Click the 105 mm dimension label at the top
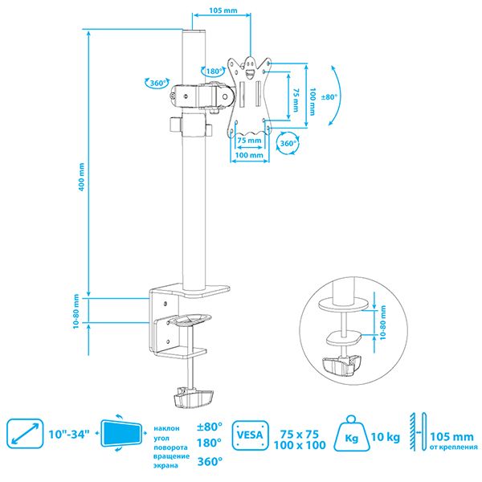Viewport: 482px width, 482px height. tap(223, 10)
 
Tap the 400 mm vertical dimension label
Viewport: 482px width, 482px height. tap(81, 177)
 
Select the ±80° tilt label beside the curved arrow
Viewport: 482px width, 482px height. tap(329, 97)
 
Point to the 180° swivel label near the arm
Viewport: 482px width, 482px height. tap(214, 71)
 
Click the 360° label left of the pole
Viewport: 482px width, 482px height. tap(159, 84)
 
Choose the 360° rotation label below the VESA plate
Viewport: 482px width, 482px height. tap(288, 143)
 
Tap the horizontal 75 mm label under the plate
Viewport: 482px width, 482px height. tap(249, 141)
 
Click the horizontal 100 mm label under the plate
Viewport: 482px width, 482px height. tap(249, 155)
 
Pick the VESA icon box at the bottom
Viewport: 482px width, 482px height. tap(250, 435)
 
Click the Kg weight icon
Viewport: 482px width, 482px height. tap(351, 434)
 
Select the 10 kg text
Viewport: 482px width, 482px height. tap(386, 437)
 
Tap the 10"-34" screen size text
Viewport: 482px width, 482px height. tap(69, 435)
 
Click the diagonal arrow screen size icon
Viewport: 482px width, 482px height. tap(25, 434)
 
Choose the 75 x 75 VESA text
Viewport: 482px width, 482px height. tap(300, 434)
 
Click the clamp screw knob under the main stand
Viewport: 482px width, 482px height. tap(194, 398)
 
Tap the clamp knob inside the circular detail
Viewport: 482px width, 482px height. tap(341, 365)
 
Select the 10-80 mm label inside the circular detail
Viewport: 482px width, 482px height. tap(382, 322)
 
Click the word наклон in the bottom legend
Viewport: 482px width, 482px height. tap(166, 428)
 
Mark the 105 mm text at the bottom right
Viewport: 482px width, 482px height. tap(451, 436)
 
